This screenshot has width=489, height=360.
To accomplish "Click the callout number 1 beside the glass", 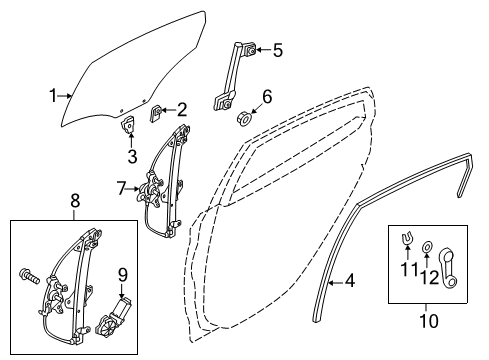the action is point(53,96).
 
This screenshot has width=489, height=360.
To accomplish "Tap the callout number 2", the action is point(182,110).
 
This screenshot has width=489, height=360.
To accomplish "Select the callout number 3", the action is point(132,156).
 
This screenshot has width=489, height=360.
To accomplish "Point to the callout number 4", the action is point(350,281).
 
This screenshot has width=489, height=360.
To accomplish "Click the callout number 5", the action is point(278,50).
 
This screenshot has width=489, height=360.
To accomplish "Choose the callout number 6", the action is point(267,96).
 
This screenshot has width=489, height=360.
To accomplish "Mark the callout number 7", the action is point(122,189).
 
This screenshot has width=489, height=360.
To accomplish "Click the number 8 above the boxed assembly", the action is point(75,201).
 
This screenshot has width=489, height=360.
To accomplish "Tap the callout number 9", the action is point(123,275).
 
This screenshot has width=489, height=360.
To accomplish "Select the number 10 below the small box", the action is point(429,321).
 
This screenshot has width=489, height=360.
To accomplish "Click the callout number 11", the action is point(409,269).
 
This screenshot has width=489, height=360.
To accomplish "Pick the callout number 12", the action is point(429,277).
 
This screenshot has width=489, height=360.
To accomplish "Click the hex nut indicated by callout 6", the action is point(243,119).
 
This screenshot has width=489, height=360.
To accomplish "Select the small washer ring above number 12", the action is point(427,247).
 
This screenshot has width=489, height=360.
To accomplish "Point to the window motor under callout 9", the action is point(112,317).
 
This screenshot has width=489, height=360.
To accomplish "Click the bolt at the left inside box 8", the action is point(30,276).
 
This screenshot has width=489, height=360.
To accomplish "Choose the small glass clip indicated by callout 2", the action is point(155,113).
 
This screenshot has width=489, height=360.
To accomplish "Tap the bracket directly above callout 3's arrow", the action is point(128,124).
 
